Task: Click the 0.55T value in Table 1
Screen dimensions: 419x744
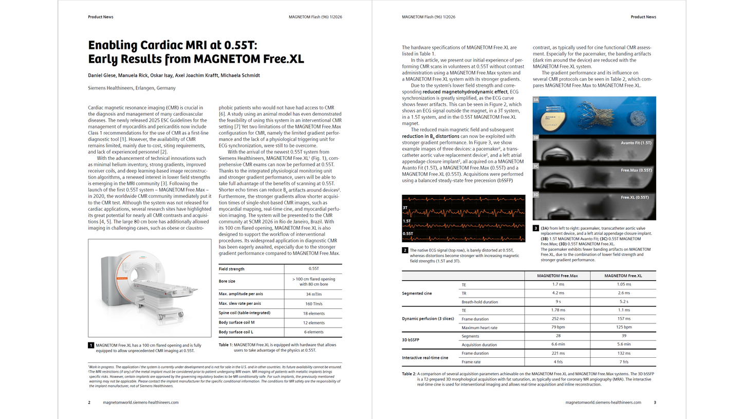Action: pos(313,269)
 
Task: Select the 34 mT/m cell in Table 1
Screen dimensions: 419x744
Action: pos(313,294)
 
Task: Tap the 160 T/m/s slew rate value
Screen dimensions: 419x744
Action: pos(313,303)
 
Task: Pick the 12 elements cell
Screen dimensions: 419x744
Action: pos(313,323)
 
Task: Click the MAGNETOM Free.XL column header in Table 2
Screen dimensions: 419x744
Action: pos(623,276)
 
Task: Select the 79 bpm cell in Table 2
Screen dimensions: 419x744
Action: pos(557,327)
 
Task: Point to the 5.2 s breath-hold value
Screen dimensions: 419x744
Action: pos(623,302)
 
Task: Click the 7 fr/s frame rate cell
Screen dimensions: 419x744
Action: pos(623,362)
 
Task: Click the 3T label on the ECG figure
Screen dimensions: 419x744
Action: pos(406,208)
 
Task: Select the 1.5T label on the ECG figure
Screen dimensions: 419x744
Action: pos(407,221)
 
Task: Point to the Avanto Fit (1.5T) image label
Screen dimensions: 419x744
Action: pos(636,142)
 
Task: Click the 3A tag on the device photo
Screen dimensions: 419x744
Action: pos(536,100)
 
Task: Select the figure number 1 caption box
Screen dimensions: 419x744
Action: pos(91,345)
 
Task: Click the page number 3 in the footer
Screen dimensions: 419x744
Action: pos(655,403)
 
